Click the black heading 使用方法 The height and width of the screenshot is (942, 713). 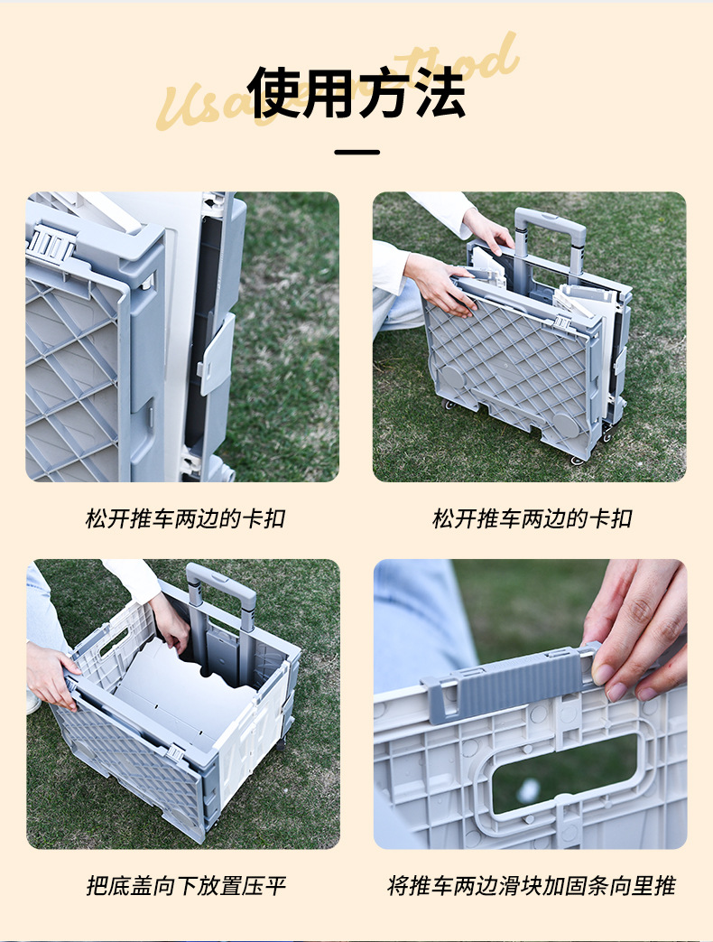coord(357,92)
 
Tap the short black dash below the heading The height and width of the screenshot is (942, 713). coord(356,152)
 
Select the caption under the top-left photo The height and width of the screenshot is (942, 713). coord(186,519)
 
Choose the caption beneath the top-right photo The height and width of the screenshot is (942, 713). coord(532,519)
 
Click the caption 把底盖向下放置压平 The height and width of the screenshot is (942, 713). coord(186,886)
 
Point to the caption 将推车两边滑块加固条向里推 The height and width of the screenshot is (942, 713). coord(532,886)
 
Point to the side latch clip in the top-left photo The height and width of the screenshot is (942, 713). coord(217,353)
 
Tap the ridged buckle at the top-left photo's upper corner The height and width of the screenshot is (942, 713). coord(49,242)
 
